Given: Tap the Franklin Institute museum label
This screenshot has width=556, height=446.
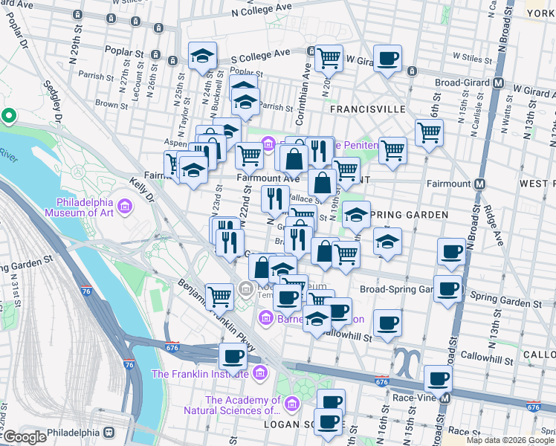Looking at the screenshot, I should click(x=199, y=374).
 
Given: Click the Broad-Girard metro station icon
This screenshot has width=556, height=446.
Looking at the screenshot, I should click(x=499, y=83).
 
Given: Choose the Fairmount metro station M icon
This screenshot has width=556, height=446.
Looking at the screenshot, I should click(x=480, y=183).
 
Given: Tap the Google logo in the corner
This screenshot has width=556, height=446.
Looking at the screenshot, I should click(x=24, y=437).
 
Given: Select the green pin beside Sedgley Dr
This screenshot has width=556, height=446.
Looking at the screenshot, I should click(x=9, y=116).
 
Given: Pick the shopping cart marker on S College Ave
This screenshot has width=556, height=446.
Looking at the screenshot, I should click(x=328, y=57).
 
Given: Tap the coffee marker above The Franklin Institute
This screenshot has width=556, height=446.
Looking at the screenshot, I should click(x=233, y=357).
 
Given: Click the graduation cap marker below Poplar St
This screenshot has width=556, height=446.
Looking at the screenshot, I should click(x=201, y=56).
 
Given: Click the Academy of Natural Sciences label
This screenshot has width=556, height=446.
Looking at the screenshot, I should click(x=242, y=405).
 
